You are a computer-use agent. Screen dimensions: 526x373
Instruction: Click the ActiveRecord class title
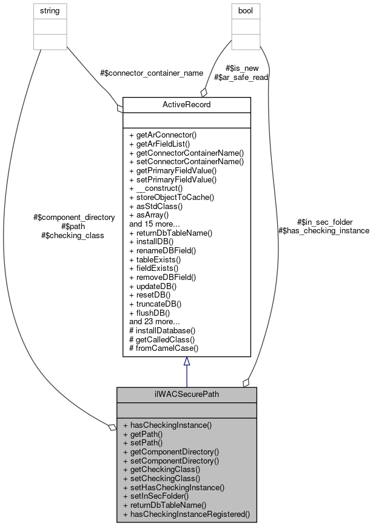point(186,104)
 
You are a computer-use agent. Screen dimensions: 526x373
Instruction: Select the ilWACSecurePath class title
point(186,394)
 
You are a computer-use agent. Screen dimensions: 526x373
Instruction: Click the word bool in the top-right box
point(246,11)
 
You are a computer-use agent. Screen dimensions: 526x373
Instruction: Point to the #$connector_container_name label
point(151,73)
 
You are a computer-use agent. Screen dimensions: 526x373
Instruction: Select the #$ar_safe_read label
point(241,77)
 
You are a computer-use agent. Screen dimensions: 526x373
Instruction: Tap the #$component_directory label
point(75,217)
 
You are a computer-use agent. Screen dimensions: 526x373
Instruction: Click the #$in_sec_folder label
point(324,222)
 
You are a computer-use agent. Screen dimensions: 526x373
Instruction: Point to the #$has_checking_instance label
point(323,230)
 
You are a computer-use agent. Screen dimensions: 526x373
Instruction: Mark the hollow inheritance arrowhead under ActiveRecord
point(187,362)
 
